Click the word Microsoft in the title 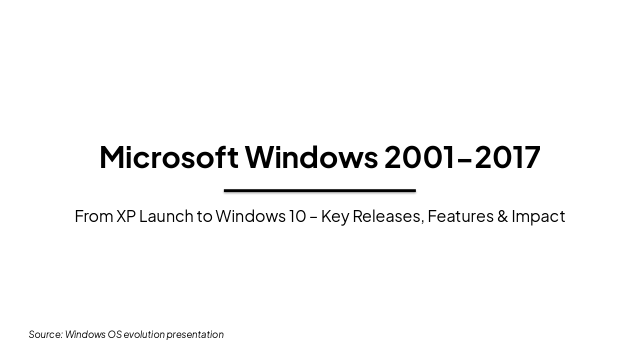(x=168, y=157)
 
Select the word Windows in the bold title (x=311, y=157)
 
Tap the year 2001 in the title (x=420, y=157)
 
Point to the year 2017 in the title (x=507, y=157)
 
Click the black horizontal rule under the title (x=319, y=190)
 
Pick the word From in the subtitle (x=93, y=216)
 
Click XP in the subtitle (x=125, y=216)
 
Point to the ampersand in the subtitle (x=502, y=216)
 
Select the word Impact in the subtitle (x=538, y=216)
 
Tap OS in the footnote (x=114, y=334)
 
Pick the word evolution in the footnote (x=144, y=334)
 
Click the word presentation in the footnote (x=195, y=334)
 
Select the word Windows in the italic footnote (x=85, y=334)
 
